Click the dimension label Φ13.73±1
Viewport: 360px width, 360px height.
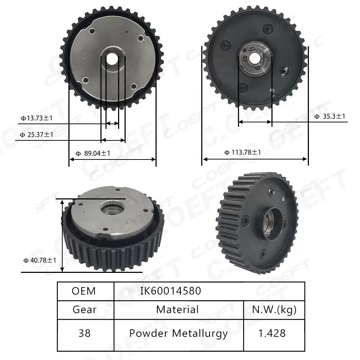(x=37, y=118)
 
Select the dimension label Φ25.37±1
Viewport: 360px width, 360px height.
(x=37, y=135)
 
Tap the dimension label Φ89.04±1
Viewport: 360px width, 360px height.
(x=93, y=153)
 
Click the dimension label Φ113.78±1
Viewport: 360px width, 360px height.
(x=243, y=152)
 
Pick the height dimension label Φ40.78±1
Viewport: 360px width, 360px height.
(x=40, y=260)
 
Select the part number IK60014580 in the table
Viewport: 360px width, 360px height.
(x=171, y=291)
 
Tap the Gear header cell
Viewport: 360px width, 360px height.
(x=85, y=310)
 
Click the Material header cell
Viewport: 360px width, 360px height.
(x=177, y=309)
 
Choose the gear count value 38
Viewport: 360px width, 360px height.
(x=85, y=333)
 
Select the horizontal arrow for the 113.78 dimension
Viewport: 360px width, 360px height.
(x=255, y=159)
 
